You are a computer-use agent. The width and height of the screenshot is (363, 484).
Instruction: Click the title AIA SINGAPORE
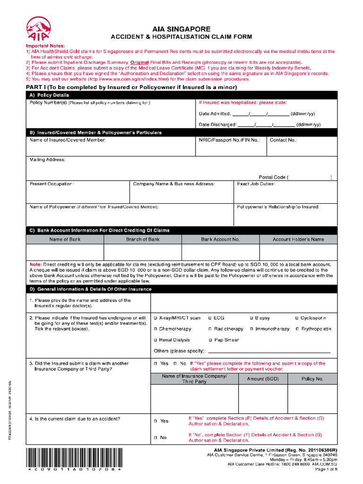pos(181,29)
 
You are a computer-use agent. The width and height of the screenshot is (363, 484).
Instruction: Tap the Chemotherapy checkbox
pos(156,329)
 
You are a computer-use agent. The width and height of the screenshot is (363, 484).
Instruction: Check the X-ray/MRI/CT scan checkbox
pos(156,318)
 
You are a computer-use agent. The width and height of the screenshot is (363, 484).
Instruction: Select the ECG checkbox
pos(210,318)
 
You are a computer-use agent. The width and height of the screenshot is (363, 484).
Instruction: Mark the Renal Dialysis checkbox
pos(156,340)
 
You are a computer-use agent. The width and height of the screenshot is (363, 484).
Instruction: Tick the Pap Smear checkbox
pos(210,340)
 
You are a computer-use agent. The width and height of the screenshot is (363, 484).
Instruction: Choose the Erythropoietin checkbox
pos(297,329)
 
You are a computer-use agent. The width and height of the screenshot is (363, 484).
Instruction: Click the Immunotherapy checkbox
pos(251,329)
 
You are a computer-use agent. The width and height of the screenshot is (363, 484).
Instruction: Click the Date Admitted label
pos(215,114)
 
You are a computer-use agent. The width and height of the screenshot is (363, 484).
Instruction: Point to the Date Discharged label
pos(217,125)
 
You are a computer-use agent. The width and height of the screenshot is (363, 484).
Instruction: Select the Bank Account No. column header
pos(220,239)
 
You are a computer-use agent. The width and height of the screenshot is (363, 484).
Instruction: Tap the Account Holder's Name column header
pos(298,239)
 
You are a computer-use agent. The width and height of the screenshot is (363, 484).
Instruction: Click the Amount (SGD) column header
pos(263,379)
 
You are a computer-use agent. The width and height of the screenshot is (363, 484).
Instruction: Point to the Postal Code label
pos(272,177)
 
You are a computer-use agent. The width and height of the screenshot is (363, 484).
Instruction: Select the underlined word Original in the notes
pos(139,62)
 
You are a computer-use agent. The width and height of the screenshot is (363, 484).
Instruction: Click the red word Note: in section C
pos(35,264)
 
